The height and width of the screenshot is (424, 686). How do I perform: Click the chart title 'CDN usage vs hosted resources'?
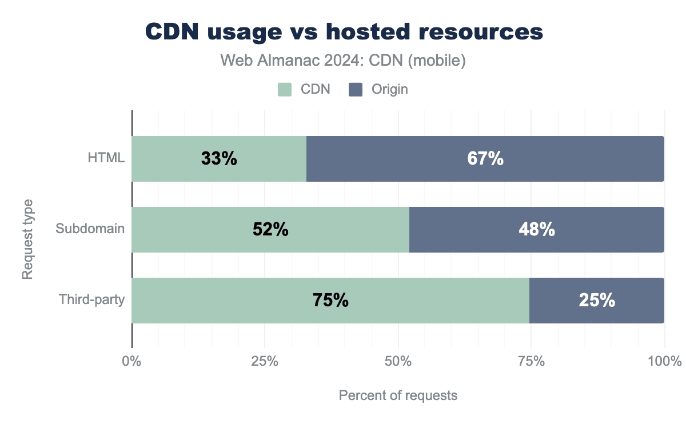[344, 32]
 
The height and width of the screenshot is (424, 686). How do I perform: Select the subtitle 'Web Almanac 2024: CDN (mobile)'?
[343, 61]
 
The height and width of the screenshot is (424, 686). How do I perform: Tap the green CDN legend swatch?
[285, 89]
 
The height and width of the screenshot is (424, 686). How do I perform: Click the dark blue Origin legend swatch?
[356, 89]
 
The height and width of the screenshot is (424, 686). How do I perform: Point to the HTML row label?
[107, 159]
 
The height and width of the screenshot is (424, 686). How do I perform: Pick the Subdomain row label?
[90, 230]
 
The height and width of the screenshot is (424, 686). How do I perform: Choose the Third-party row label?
[91, 300]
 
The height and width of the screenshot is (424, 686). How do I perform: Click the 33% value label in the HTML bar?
[219, 159]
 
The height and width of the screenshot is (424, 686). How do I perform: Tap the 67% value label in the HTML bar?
[485, 159]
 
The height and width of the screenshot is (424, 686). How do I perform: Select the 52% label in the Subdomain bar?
[270, 230]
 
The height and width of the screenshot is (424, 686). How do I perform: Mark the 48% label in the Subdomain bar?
[537, 230]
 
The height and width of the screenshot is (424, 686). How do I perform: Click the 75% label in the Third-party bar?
[330, 301]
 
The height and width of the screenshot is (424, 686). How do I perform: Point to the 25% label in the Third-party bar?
[597, 301]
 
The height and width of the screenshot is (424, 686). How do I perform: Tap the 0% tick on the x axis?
[132, 362]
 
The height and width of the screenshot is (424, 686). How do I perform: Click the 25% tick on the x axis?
[265, 362]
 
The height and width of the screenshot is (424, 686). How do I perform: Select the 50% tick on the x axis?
[398, 362]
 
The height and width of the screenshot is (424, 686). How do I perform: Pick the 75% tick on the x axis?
[531, 362]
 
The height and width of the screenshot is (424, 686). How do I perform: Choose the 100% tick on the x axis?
[664, 362]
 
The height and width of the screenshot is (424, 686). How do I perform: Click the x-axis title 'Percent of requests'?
[398, 395]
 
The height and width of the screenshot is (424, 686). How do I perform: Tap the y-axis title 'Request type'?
[27, 239]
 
